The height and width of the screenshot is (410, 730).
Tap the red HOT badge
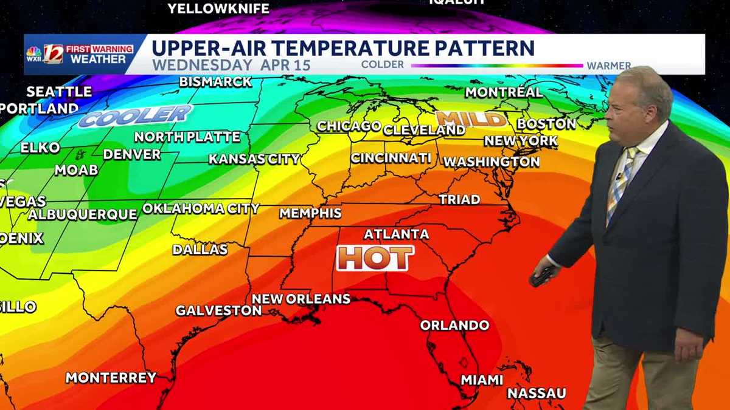pyautogui.click(x=375, y=258)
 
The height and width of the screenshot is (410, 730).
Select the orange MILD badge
pyautogui.click(x=471, y=118)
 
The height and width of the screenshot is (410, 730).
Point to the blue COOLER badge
pyautogui.click(x=135, y=115)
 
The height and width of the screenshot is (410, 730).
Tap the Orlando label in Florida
pyautogui.click(x=454, y=325)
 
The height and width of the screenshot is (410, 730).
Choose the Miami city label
pyautogui.click(x=482, y=380)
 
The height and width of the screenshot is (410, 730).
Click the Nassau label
pyautogui.click(x=537, y=394)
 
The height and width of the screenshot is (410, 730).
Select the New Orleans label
pyautogui.click(x=301, y=299)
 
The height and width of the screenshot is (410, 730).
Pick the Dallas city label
pyautogui.click(x=200, y=249)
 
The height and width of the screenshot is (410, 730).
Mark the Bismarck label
pyautogui.click(x=215, y=81)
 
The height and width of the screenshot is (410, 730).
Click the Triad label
pyautogui.click(x=459, y=199)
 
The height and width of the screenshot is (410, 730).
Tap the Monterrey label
pyautogui.click(x=111, y=377)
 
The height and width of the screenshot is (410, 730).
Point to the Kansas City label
pyautogui.click(x=254, y=159)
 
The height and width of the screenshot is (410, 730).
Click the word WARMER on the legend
pyautogui.click(x=608, y=66)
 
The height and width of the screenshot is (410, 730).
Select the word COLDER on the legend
pyautogui.click(x=382, y=64)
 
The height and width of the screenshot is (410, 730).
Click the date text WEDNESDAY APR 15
pyautogui.click(x=231, y=64)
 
